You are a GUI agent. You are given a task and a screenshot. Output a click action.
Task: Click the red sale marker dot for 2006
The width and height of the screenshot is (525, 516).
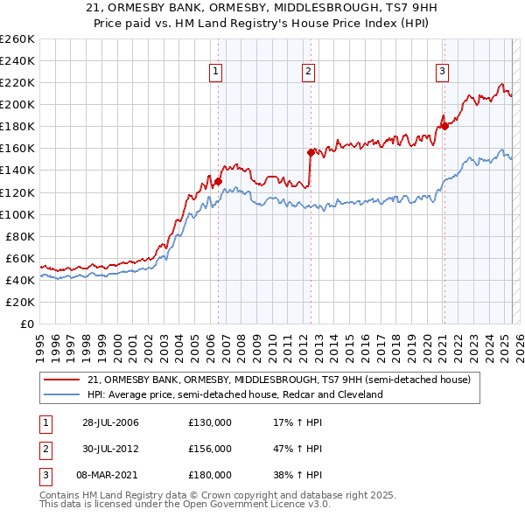point(218,181)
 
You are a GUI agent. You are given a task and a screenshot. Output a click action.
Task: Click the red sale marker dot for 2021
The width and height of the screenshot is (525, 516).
point(444,126)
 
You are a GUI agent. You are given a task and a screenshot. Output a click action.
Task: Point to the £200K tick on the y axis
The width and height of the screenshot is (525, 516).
point(17,104)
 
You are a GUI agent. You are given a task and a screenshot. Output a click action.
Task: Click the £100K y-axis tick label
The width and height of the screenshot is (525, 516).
point(17,214)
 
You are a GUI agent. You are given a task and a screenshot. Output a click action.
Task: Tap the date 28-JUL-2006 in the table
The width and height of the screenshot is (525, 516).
point(108,423)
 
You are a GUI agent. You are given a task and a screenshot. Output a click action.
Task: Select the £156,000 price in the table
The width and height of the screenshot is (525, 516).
point(210,449)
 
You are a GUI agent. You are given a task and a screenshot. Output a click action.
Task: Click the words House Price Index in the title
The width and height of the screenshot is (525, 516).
point(338,23)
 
